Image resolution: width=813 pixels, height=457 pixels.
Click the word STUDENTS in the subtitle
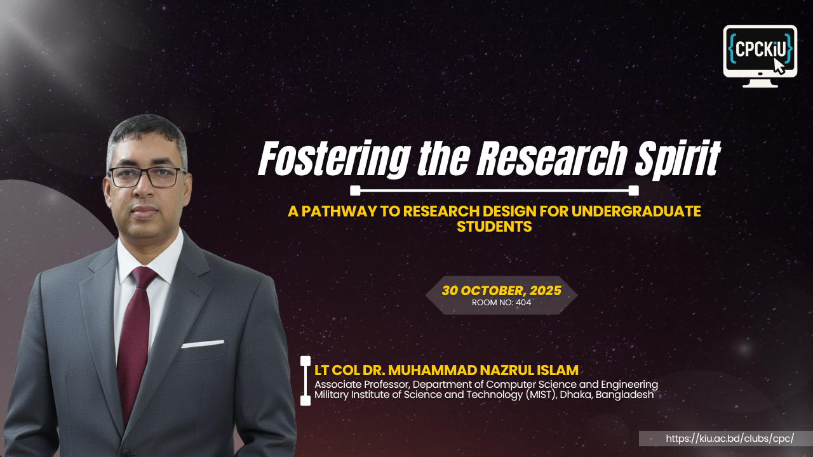pos(494,227)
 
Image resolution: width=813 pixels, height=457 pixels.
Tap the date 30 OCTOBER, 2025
pos(502,291)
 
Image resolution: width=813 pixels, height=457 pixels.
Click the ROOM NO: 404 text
pos(501,303)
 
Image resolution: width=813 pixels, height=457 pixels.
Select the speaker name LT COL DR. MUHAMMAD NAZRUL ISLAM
pos(446,370)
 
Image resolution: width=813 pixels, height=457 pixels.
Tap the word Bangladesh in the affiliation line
pos(629,395)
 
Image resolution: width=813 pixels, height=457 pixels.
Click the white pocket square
pos(202,344)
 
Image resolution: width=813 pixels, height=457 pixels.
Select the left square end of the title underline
pos(356,190)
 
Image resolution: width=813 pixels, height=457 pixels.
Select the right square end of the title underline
pos(633,190)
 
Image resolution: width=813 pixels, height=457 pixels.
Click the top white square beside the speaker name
pos(306,361)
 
